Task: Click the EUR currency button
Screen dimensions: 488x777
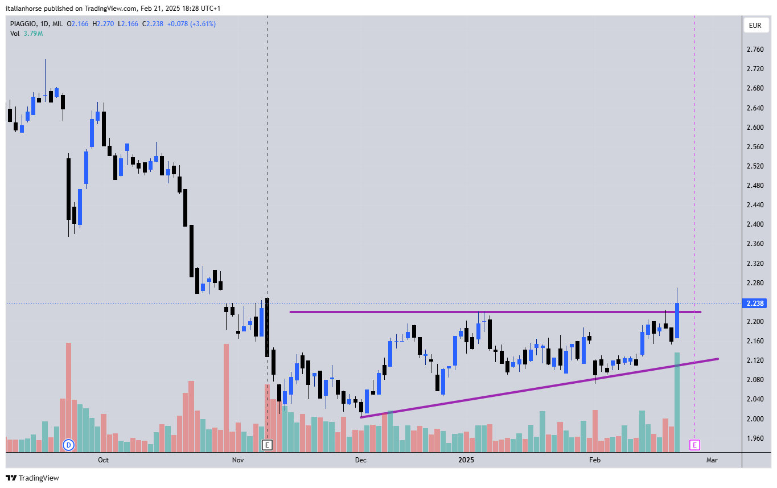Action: point(755,26)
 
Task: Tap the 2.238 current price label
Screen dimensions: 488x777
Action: point(755,304)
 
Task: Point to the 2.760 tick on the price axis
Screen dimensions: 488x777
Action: point(755,50)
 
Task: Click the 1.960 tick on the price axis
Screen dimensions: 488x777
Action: point(755,438)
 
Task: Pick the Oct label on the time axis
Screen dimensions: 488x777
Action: point(103,460)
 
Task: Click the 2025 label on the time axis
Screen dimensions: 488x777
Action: point(466,460)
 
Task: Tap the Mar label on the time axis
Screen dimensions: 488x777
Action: point(712,460)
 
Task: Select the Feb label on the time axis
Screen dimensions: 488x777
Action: point(594,460)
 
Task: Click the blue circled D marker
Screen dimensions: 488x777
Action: point(69,445)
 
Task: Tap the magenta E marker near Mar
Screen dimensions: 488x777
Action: point(694,445)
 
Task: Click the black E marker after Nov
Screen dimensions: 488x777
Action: point(267,445)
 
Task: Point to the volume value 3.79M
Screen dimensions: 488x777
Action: point(32,34)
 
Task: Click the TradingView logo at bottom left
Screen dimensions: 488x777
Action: point(32,478)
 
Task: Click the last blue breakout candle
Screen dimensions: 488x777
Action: point(677,321)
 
